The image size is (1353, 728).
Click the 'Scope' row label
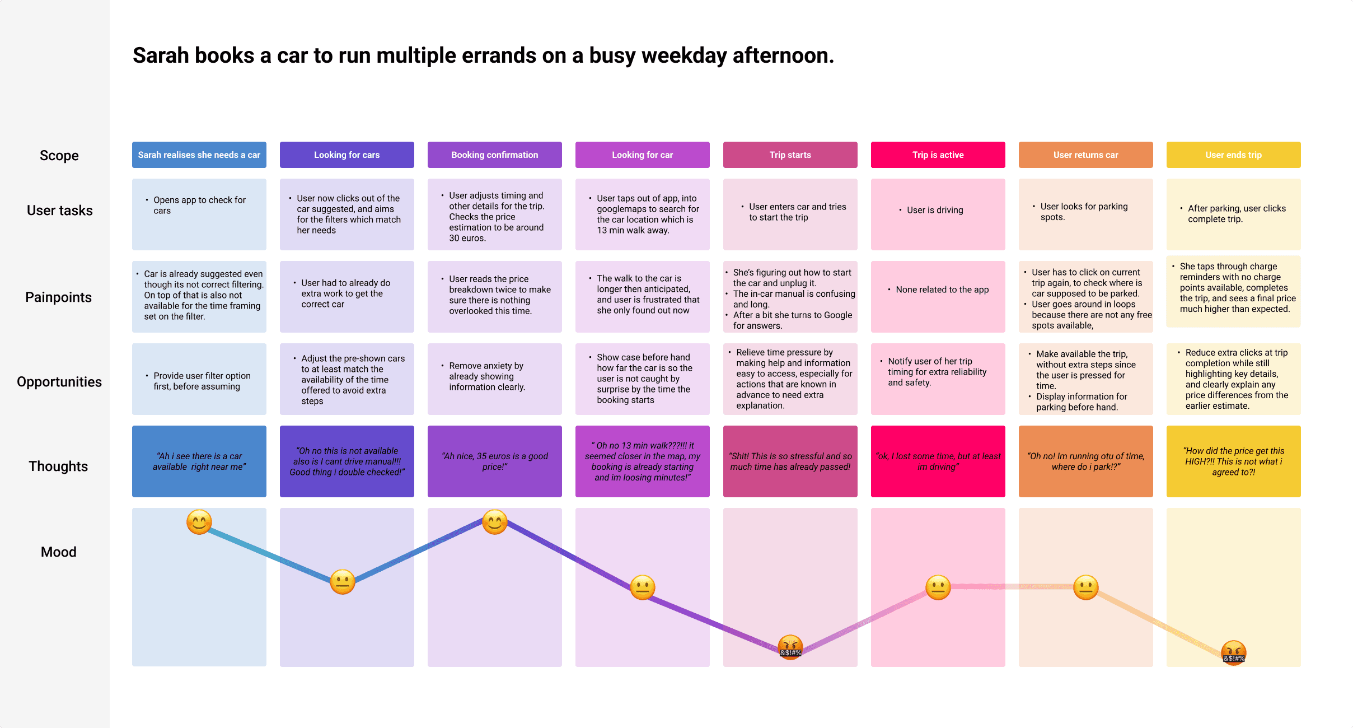tap(59, 156)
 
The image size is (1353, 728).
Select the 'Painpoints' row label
tap(58, 297)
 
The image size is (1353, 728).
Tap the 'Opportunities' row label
tap(59, 382)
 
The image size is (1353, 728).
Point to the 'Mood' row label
tap(58, 552)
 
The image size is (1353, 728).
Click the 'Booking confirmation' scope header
tap(494, 155)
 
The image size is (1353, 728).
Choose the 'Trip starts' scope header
tap(790, 155)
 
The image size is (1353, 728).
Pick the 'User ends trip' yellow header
tap(1233, 155)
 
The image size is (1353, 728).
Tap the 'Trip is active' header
tap(938, 155)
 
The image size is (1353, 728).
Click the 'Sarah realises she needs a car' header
tap(199, 155)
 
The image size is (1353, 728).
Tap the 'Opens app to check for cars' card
tap(199, 206)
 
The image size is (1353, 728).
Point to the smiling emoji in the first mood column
tap(199, 522)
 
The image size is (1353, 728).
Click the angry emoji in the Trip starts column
tap(790, 647)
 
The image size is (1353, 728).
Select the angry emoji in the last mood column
tap(1233, 652)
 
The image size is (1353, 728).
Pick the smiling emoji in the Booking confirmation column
tap(494, 522)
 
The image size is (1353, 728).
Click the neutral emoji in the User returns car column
tap(1085, 587)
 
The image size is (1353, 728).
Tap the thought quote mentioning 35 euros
tap(495, 461)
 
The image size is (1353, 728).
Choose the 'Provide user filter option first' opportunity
tap(202, 381)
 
